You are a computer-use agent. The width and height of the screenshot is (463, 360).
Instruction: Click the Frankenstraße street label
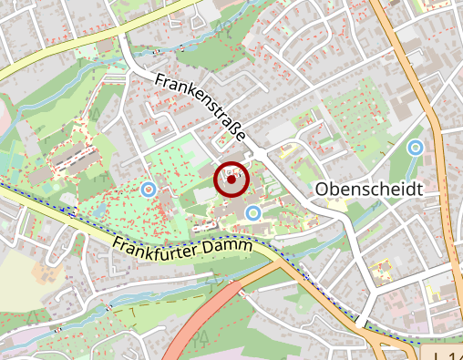tap(201, 108)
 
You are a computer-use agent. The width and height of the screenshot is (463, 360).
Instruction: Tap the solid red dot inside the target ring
tap(231, 180)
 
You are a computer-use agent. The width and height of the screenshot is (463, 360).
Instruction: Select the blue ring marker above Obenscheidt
tap(416, 147)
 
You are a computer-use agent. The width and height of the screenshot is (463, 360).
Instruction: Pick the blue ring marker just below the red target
tap(253, 213)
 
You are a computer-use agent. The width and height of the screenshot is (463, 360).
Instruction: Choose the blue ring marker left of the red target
tap(149, 189)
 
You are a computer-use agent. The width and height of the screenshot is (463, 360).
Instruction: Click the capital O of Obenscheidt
tap(322, 189)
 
